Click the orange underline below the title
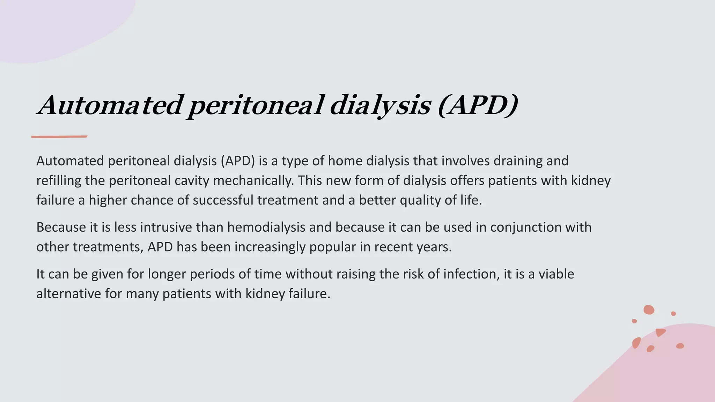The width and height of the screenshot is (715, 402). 59,136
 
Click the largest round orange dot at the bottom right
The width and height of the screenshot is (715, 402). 649,310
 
